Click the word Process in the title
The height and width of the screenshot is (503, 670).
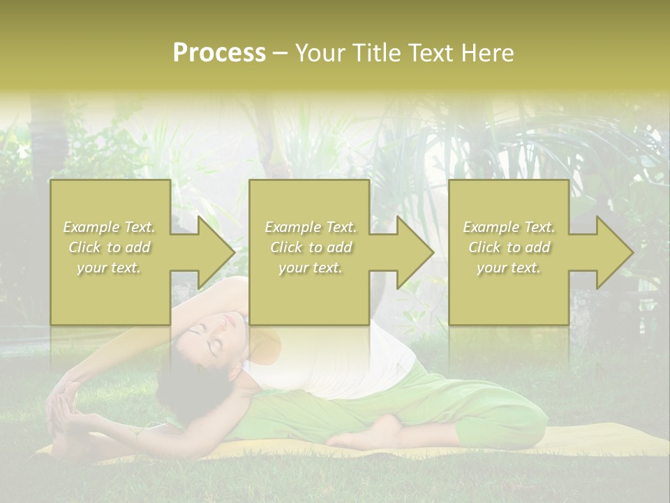[x=219, y=53]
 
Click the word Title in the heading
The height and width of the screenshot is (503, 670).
[x=376, y=53]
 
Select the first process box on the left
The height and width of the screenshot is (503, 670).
[x=110, y=293]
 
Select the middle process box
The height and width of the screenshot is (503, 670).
[x=309, y=293]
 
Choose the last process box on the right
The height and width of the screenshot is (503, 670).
[x=509, y=293]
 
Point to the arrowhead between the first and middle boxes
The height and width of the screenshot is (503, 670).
[x=216, y=252]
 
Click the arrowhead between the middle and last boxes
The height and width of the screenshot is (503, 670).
[x=415, y=252]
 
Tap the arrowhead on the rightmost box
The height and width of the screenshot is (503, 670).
[x=614, y=252]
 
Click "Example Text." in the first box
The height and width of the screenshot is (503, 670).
[x=109, y=227]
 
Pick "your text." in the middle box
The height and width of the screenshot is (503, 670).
[x=310, y=268]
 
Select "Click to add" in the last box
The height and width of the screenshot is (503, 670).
[x=509, y=247]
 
